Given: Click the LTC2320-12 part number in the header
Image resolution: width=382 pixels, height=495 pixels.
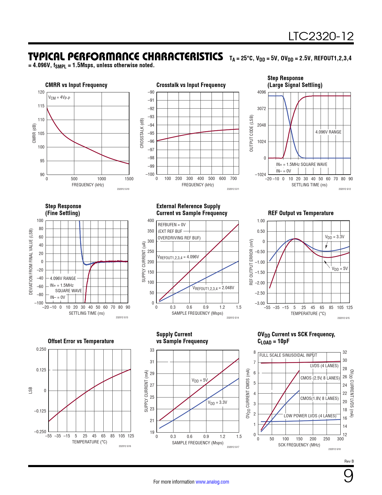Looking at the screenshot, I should pyautogui.click(x=321, y=36).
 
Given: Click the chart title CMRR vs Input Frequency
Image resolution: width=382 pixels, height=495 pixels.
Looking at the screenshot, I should pyautogui.click(x=76, y=85).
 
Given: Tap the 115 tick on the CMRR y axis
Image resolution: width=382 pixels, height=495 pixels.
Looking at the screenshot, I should pyautogui.click(x=41, y=106).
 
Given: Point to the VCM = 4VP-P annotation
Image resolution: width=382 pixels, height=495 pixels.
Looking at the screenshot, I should pyautogui.click(x=59, y=97).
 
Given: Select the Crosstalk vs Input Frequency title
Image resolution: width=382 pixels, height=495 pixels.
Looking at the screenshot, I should pyautogui.click(x=191, y=85).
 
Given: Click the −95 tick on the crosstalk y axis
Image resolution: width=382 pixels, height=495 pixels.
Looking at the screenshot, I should pyautogui.click(x=150, y=133).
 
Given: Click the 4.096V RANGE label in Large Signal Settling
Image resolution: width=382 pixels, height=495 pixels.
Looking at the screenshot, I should pyautogui.click(x=328, y=132).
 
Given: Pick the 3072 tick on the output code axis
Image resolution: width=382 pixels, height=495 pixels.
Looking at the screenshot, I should pyautogui.click(x=261, y=109).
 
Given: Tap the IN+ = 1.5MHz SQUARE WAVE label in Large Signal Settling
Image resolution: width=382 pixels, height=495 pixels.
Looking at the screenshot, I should pyautogui.click(x=301, y=164).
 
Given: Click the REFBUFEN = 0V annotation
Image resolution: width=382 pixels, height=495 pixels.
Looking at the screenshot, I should pyautogui.click(x=172, y=225).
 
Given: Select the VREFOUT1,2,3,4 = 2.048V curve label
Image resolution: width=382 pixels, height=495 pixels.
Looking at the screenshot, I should pyautogui.click(x=213, y=288).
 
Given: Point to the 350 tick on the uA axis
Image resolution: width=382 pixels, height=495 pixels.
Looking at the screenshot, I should pyautogui.click(x=151, y=231).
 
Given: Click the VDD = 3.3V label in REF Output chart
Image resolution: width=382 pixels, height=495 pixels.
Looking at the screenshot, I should pyautogui.click(x=334, y=237).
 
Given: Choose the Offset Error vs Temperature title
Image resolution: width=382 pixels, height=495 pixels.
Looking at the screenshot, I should pyautogui.click(x=81, y=341).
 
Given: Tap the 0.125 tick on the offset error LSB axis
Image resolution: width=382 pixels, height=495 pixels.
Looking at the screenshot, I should pyautogui.click(x=41, y=370).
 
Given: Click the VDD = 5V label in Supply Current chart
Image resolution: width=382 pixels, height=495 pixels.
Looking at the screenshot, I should pyautogui.click(x=200, y=380).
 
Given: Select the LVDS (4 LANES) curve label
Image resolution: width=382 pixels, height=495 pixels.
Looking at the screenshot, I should pyautogui.click(x=324, y=366).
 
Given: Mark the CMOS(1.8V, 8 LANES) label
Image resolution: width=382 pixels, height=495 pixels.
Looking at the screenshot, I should pyautogui.click(x=319, y=398).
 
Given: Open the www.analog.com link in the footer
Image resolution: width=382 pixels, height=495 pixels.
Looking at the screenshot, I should pyautogui.click(x=212, y=482).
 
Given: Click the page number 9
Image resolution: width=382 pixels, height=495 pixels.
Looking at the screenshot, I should pyautogui.click(x=348, y=476).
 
